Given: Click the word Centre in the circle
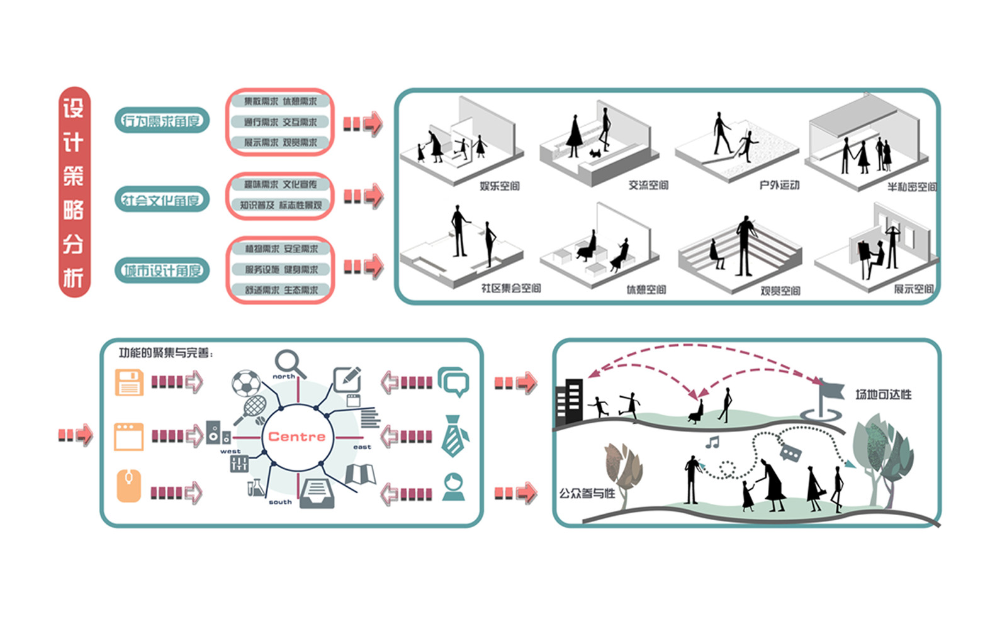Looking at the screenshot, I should click(x=296, y=437).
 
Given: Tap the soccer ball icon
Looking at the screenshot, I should click(x=246, y=383).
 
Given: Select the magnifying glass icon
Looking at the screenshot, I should click(x=289, y=363).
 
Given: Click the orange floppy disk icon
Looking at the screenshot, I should click(x=129, y=382).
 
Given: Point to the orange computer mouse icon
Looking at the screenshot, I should click(x=129, y=486).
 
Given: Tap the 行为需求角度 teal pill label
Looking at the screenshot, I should click(x=162, y=120).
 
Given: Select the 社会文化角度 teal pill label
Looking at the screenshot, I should click(x=162, y=200).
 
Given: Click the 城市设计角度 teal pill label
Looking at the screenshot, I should click(x=162, y=270).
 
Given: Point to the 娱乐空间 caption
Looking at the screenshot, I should click(x=499, y=186).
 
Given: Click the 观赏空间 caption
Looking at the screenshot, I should click(x=780, y=291).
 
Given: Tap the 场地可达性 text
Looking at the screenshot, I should click(x=883, y=394).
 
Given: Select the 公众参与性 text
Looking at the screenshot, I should click(x=587, y=493).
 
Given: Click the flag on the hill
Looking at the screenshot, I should click(x=830, y=391).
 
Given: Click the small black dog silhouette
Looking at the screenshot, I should click(x=595, y=152).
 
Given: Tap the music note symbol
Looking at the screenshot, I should click(x=712, y=442).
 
